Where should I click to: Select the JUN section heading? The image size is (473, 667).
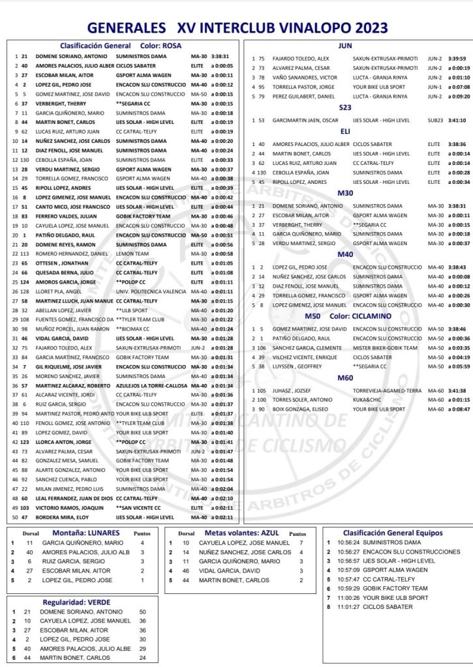(346, 46)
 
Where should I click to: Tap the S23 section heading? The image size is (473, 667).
(346, 107)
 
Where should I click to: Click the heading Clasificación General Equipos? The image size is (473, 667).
(392, 533)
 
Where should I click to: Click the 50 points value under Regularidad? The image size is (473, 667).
(143, 612)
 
